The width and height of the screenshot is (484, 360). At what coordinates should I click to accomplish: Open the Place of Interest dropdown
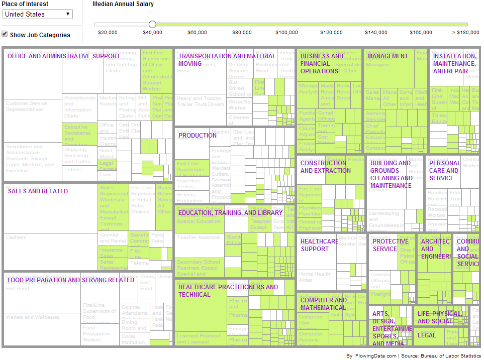38,14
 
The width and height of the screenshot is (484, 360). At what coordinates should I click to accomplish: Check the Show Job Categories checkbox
5,34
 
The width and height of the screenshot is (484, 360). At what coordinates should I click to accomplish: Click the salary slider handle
152,24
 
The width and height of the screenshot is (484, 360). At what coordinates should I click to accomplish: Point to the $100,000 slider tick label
286,33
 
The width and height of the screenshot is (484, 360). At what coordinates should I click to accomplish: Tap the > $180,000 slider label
465,33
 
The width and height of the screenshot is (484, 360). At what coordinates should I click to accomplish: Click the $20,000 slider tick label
108,33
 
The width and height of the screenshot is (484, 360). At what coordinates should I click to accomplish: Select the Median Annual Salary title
123,4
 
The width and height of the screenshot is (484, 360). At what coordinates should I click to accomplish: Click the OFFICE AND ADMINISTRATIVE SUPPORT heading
64,56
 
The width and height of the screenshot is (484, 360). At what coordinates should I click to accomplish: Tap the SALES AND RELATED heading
38,191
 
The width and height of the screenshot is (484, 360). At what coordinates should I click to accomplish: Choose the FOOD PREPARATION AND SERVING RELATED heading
71,280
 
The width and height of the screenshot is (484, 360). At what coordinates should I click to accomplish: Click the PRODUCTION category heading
198,136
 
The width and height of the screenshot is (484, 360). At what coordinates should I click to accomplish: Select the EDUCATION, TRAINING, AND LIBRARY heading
230,213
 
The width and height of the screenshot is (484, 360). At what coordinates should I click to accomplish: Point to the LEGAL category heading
427,335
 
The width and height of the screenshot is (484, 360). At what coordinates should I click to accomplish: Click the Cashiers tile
16,237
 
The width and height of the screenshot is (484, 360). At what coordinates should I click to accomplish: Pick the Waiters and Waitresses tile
33,317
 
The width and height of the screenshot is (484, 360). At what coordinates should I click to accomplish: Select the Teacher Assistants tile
199,237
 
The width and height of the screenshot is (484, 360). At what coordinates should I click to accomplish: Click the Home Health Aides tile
315,277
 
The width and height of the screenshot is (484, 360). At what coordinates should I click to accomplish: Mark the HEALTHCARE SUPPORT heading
319,245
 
